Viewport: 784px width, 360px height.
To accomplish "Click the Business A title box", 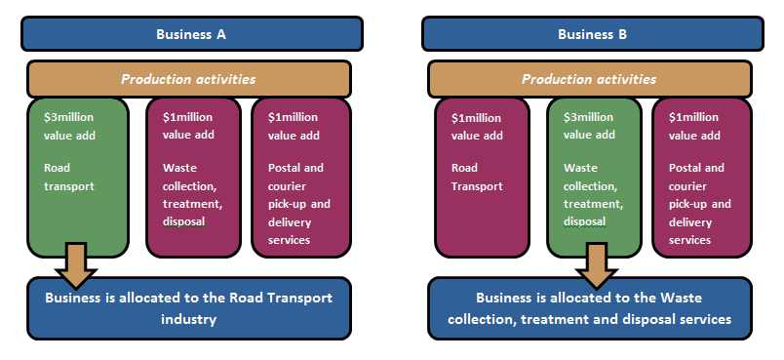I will click(191, 34).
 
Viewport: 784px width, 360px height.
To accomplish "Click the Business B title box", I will click(592, 34).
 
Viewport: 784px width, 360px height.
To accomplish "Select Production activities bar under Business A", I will click(189, 79).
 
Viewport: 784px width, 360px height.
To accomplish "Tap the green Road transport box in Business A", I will click(78, 176).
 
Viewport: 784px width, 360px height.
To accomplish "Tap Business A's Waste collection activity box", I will click(194, 176).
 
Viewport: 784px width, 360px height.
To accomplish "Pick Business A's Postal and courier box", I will click(299, 176).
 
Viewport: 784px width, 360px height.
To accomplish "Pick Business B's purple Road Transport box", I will click(482, 176).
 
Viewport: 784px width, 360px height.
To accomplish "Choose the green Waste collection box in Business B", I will click(593, 176).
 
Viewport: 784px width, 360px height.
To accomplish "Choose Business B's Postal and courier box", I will click(700, 176).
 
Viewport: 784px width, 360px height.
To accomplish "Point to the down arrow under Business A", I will click(77, 261).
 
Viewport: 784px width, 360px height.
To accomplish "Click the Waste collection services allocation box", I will click(590, 308).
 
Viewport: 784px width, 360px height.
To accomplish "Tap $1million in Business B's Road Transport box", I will click(476, 118).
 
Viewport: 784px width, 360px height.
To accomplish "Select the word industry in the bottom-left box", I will click(191, 318).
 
